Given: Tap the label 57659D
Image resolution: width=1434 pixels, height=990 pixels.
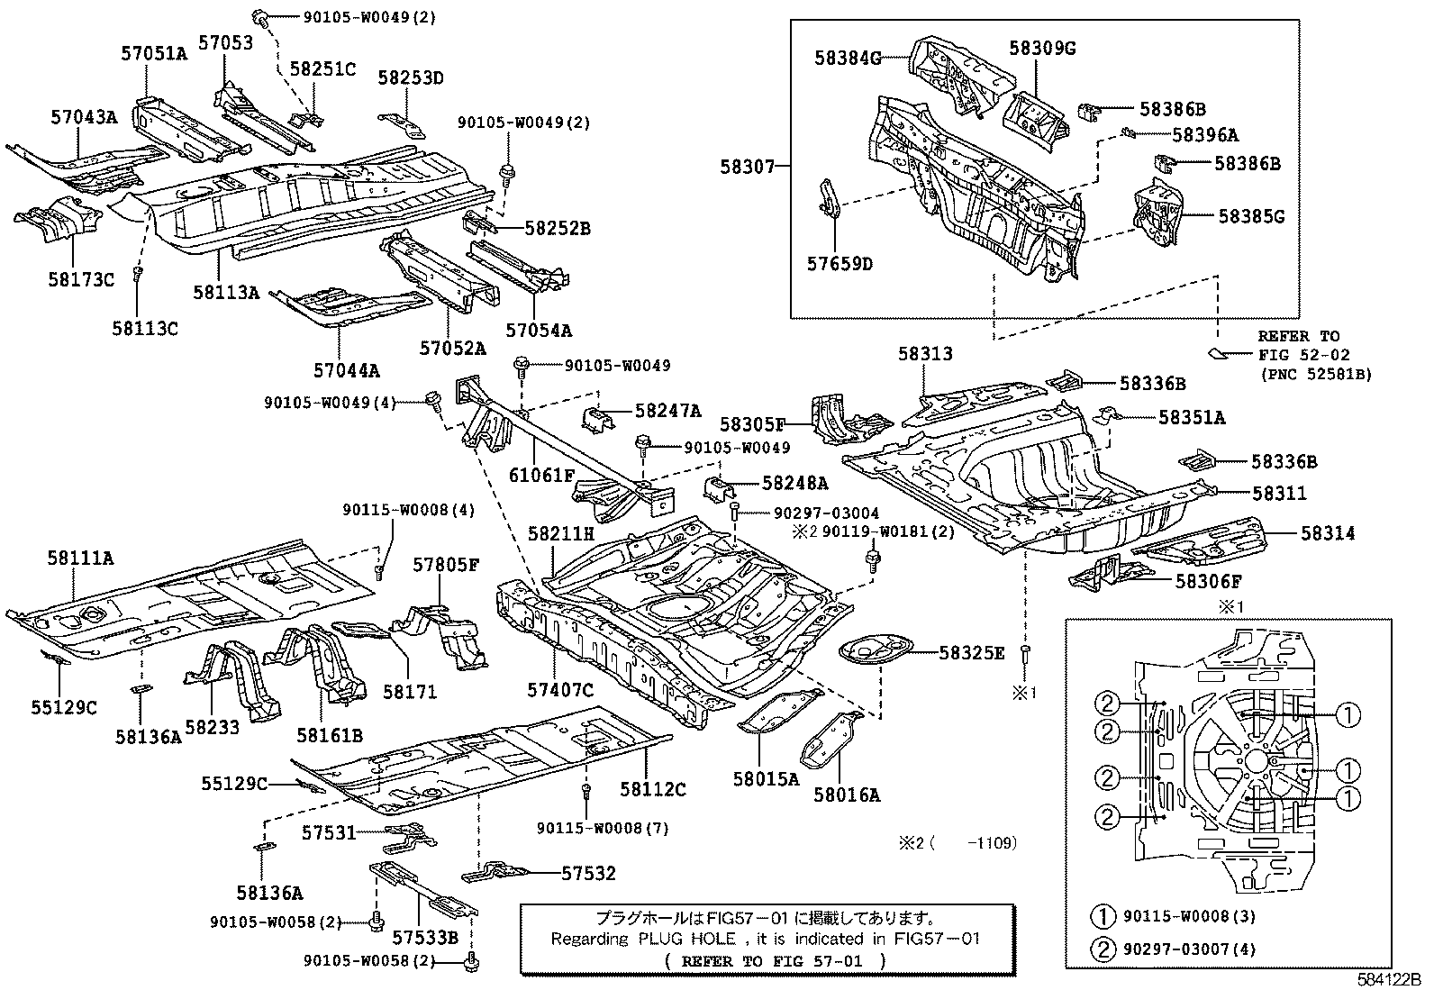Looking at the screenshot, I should (x=840, y=264).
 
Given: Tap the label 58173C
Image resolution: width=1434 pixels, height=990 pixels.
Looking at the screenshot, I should (x=81, y=280).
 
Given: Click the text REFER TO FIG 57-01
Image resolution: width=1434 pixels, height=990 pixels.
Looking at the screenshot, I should (x=776, y=961).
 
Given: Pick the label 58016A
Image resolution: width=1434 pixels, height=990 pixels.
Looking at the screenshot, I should (x=846, y=795).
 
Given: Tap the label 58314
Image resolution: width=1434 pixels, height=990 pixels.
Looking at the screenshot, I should (x=1327, y=533).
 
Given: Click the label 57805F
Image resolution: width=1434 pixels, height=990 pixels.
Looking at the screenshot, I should (x=446, y=566).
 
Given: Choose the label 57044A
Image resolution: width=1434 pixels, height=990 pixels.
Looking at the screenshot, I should (x=347, y=369).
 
